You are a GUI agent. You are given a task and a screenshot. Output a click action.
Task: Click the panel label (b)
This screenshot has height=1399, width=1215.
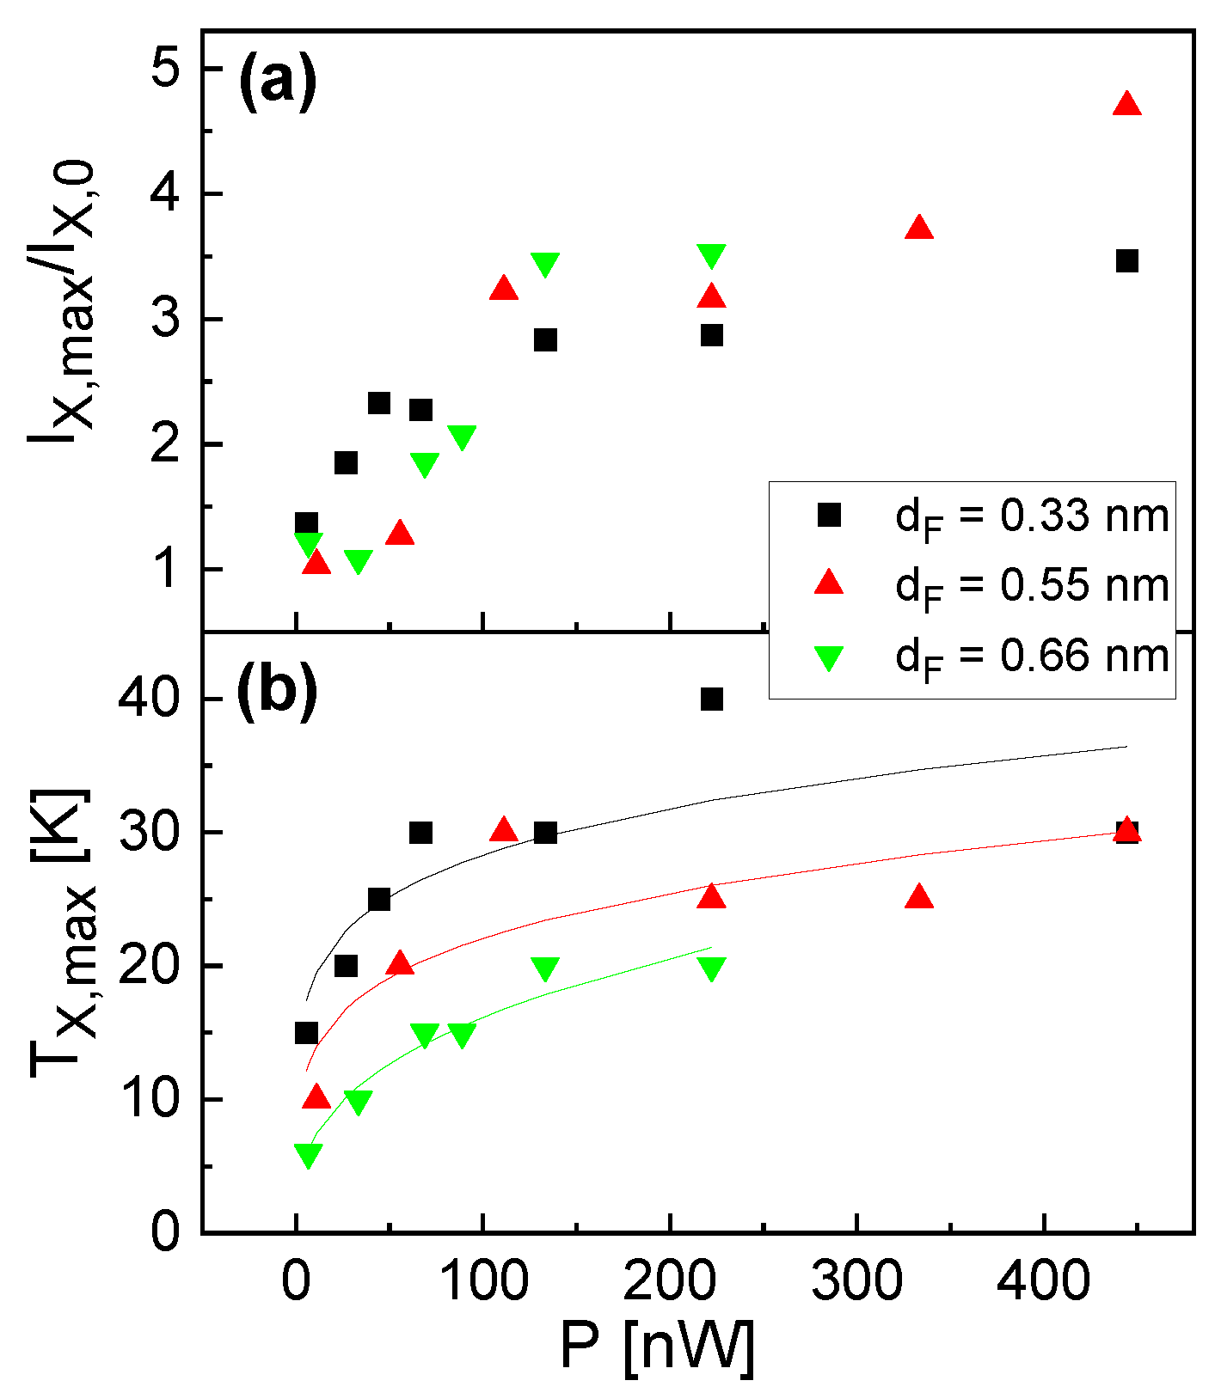[277, 689]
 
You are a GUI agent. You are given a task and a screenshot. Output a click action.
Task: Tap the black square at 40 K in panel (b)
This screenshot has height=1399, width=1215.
[711, 699]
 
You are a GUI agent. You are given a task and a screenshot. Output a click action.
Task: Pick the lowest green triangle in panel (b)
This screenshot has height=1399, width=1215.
[308, 1156]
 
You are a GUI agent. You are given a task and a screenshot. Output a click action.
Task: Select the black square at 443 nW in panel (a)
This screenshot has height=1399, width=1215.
[1126, 261]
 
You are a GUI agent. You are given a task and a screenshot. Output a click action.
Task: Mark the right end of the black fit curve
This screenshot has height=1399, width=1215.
[1126, 747]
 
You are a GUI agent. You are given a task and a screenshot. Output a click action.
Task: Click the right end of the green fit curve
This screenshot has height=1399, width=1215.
[711, 948]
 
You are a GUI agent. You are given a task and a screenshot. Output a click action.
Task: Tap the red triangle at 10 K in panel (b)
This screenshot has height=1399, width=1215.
[316, 1097]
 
